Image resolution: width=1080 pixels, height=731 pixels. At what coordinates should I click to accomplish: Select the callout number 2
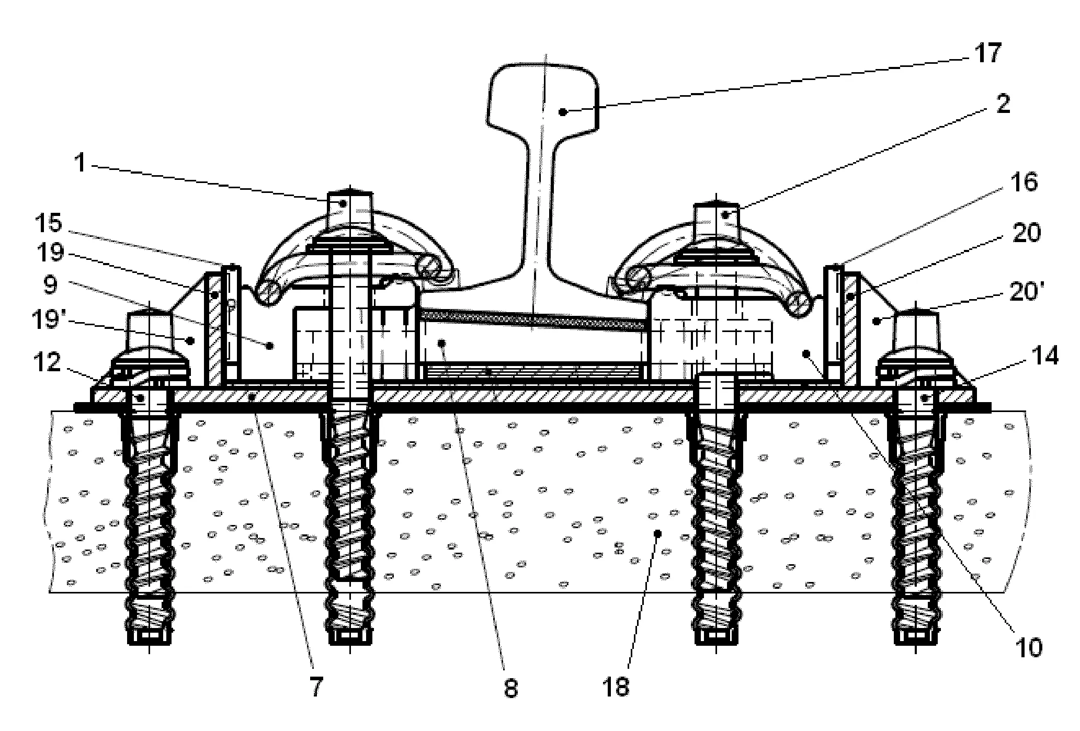(x=1003, y=105)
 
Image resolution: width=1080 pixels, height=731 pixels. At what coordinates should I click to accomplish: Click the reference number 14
(x=1044, y=357)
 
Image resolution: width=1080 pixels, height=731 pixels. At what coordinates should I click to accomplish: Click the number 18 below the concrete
(x=618, y=686)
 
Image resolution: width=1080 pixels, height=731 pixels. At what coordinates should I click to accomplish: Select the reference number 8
(x=510, y=688)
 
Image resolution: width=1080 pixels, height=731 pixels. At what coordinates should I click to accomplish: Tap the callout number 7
(x=317, y=686)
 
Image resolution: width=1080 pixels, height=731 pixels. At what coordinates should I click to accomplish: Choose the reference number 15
(x=48, y=222)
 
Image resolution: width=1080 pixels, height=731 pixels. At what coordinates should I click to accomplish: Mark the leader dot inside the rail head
(x=562, y=111)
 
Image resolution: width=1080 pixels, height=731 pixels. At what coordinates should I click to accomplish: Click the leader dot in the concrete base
(x=658, y=533)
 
